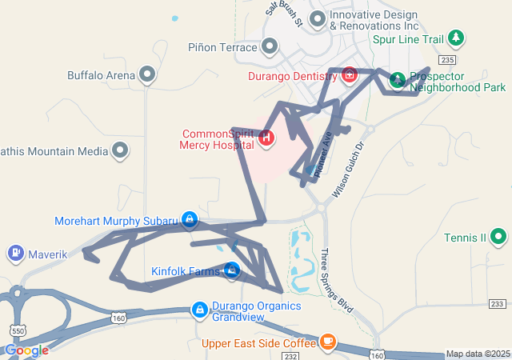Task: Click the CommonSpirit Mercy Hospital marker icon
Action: coord(266,138)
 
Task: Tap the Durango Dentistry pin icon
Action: coord(350,75)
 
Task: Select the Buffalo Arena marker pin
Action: coord(147,75)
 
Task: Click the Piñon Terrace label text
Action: coord(222,47)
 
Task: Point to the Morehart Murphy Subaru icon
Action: coord(189,218)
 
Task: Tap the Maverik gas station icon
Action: coord(15,254)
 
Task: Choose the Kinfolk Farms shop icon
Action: coord(231,270)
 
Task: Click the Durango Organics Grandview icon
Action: coord(200,309)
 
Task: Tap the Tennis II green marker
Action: coord(498,237)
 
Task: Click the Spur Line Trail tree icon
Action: coord(456,38)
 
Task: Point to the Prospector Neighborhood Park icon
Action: coord(398,80)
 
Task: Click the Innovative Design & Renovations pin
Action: coord(318,18)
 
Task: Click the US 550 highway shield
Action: coord(17,330)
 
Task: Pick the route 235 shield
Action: coord(447,60)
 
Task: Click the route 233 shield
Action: coord(498,304)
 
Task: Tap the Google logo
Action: coord(26,350)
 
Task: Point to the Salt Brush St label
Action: coord(285,14)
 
